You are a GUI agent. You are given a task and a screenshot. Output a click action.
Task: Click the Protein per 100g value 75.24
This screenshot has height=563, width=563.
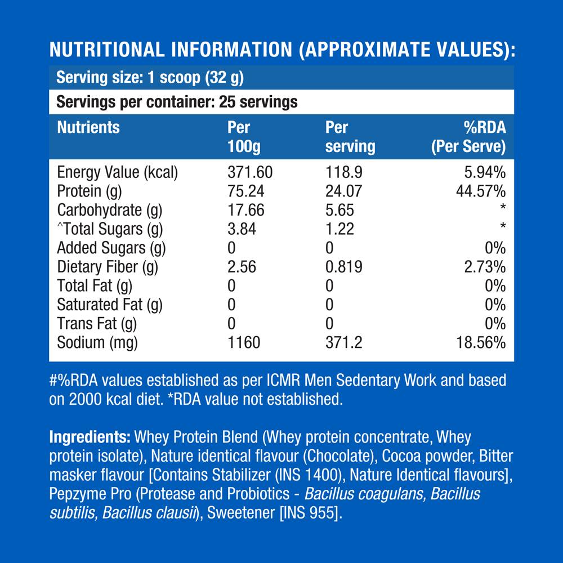(x=245, y=191)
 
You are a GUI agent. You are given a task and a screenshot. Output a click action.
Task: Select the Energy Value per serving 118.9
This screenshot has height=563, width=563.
(x=343, y=172)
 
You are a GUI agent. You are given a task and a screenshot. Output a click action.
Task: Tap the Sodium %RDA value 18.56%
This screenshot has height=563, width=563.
(x=480, y=342)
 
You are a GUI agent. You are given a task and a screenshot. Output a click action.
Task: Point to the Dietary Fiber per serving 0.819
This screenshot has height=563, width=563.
(x=346, y=267)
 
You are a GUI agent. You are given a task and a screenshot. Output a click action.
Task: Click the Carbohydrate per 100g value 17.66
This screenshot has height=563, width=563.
(x=245, y=210)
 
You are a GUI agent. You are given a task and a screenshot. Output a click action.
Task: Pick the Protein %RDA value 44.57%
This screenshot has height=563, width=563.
(x=480, y=191)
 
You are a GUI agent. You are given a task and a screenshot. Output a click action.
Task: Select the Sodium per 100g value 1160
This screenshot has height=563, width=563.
(x=243, y=342)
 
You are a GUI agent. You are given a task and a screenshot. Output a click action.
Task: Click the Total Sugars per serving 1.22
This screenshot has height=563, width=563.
(x=339, y=229)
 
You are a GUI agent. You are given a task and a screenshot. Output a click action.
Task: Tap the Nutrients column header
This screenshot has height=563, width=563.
(x=88, y=127)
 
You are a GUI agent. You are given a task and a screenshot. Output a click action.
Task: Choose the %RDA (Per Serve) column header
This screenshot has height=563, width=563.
(x=468, y=137)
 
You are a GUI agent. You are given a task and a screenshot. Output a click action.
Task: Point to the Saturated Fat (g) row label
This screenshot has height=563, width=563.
(x=110, y=305)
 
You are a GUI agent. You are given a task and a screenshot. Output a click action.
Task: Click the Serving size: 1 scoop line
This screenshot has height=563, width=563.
(x=150, y=77)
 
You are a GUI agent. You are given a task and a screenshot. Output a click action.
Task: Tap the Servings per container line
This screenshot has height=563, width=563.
(x=177, y=102)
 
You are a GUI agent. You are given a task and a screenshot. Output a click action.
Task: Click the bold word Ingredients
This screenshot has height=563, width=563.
(x=90, y=437)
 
